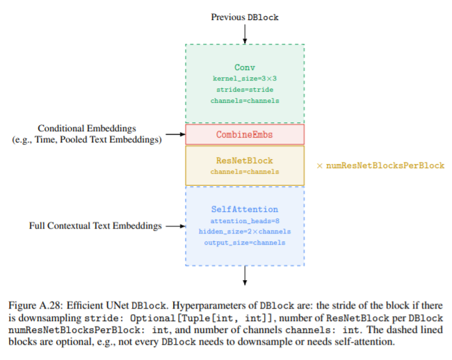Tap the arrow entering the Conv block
click(x=245, y=34)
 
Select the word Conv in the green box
click(x=245, y=67)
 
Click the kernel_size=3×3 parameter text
click(x=245, y=79)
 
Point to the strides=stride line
click(x=245, y=90)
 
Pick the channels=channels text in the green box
click(x=245, y=101)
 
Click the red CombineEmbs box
click(x=245, y=134)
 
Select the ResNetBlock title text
click(x=245, y=161)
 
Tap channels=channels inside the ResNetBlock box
click(x=245, y=172)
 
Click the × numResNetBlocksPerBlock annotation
click(x=380, y=166)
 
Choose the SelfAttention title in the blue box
click(x=245, y=209)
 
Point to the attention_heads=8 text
click(x=245, y=220)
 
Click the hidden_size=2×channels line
click(x=245, y=231)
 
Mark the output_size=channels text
click(x=245, y=243)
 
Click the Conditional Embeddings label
click(x=87, y=129)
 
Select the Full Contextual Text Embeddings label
click(x=95, y=226)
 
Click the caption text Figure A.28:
click(x=37, y=306)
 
